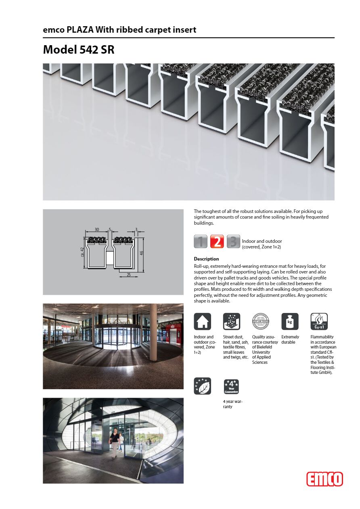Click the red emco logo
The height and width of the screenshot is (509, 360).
pyautogui.click(x=324, y=479)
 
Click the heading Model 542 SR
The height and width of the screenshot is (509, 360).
pyautogui.click(x=79, y=50)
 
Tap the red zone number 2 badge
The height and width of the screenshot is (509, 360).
pyautogui.click(x=217, y=241)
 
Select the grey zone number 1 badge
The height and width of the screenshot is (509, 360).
pyautogui.click(x=201, y=241)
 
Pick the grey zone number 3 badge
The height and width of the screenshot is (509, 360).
pyautogui.click(x=233, y=241)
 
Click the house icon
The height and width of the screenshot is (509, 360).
pyautogui.click(x=202, y=321)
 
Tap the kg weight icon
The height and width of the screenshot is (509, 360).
pyautogui.click(x=290, y=321)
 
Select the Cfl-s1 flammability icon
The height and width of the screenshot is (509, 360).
pyautogui.click(x=319, y=321)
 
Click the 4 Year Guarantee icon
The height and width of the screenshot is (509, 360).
pyautogui.click(x=231, y=386)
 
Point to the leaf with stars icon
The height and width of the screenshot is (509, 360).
pyautogui.click(x=202, y=386)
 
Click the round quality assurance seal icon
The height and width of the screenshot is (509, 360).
pyautogui.click(x=260, y=321)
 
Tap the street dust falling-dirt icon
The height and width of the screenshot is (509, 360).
pyautogui.click(x=231, y=321)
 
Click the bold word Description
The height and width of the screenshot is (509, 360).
pyautogui.click(x=206, y=259)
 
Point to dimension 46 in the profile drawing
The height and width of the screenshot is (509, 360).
pyautogui.click(x=142, y=253)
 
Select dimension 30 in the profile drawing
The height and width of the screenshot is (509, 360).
pyautogui.click(x=97, y=230)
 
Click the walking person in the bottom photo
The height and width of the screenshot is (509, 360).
pyautogui.click(x=114, y=443)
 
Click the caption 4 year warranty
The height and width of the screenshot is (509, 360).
pyautogui.click(x=232, y=404)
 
